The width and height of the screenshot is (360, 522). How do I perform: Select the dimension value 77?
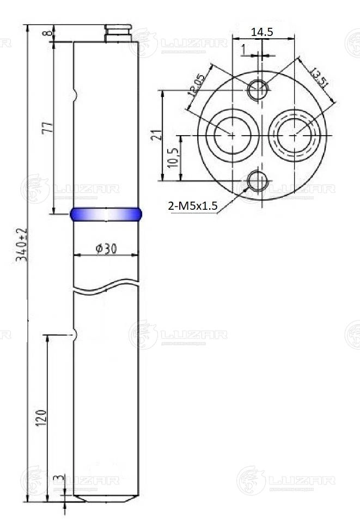[x=48, y=128]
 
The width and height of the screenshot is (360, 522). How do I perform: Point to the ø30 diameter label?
[x=106, y=248]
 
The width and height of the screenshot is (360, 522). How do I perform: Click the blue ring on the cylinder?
[x=106, y=214]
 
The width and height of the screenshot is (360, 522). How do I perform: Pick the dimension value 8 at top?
[x=50, y=33]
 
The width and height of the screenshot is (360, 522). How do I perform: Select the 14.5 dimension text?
[x=262, y=32]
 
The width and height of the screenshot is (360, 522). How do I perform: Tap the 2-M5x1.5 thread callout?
[x=193, y=205]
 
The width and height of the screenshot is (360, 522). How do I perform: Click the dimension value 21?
[x=156, y=135]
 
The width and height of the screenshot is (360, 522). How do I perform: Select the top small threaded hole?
[x=258, y=90]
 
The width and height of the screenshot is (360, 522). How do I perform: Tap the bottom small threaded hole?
[x=258, y=180]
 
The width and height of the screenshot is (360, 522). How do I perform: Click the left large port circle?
[x=232, y=135]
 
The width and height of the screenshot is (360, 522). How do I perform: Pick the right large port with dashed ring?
[x=295, y=135]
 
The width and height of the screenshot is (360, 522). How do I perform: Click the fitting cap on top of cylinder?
[x=118, y=33]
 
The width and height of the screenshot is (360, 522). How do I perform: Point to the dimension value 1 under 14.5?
[x=243, y=50]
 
